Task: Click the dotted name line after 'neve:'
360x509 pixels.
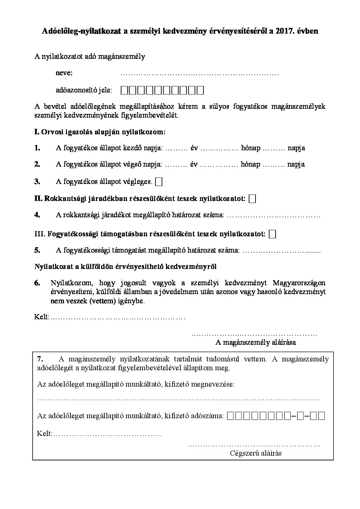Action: tap(200, 73)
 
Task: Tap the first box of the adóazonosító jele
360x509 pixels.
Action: tap(125, 90)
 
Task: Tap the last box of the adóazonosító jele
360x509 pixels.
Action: tap(200, 90)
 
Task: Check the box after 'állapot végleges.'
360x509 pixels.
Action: tap(159, 182)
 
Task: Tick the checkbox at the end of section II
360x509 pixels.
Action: tap(252, 199)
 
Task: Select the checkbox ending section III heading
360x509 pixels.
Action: tap(272, 234)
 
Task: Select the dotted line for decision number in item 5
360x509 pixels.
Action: tap(282, 251)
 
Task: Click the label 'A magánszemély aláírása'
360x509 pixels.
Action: tap(256, 342)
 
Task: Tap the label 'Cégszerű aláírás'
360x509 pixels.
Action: tap(256, 453)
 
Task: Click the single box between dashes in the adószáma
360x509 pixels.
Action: tap(300, 415)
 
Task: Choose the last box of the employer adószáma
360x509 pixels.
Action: tap(322, 415)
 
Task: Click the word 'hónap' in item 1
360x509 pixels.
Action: tap(250, 148)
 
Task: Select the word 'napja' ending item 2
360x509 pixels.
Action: tap(296, 164)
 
